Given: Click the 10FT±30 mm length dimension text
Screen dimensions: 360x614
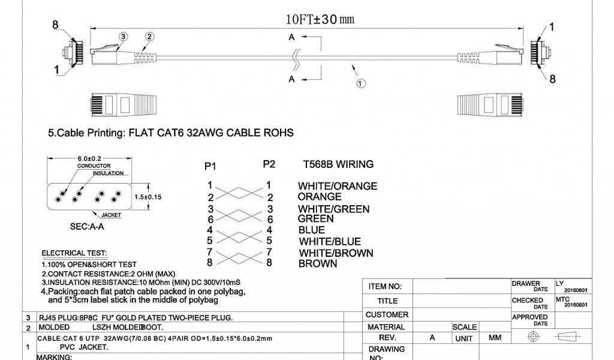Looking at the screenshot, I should (320, 19).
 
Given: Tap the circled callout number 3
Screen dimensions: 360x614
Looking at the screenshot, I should (124, 37).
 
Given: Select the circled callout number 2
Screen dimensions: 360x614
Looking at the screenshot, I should (149, 37).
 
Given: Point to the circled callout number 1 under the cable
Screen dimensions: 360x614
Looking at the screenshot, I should (360, 85).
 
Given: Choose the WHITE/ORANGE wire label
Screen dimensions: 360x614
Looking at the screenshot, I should (338, 186).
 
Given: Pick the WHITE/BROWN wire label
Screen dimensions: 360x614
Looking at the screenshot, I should (335, 253).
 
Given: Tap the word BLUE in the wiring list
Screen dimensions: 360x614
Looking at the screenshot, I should (311, 230).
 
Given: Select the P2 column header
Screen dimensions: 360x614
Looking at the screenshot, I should (269, 164).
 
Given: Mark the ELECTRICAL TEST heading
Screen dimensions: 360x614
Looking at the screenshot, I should (74, 253).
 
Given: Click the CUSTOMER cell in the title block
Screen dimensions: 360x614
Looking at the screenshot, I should (387, 314).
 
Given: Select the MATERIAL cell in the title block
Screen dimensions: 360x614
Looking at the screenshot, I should (386, 327).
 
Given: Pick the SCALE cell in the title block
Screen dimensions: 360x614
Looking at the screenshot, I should (465, 327).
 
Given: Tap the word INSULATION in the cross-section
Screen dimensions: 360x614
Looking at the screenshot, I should (108, 173).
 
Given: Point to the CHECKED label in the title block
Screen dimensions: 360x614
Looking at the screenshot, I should (528, 301).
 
